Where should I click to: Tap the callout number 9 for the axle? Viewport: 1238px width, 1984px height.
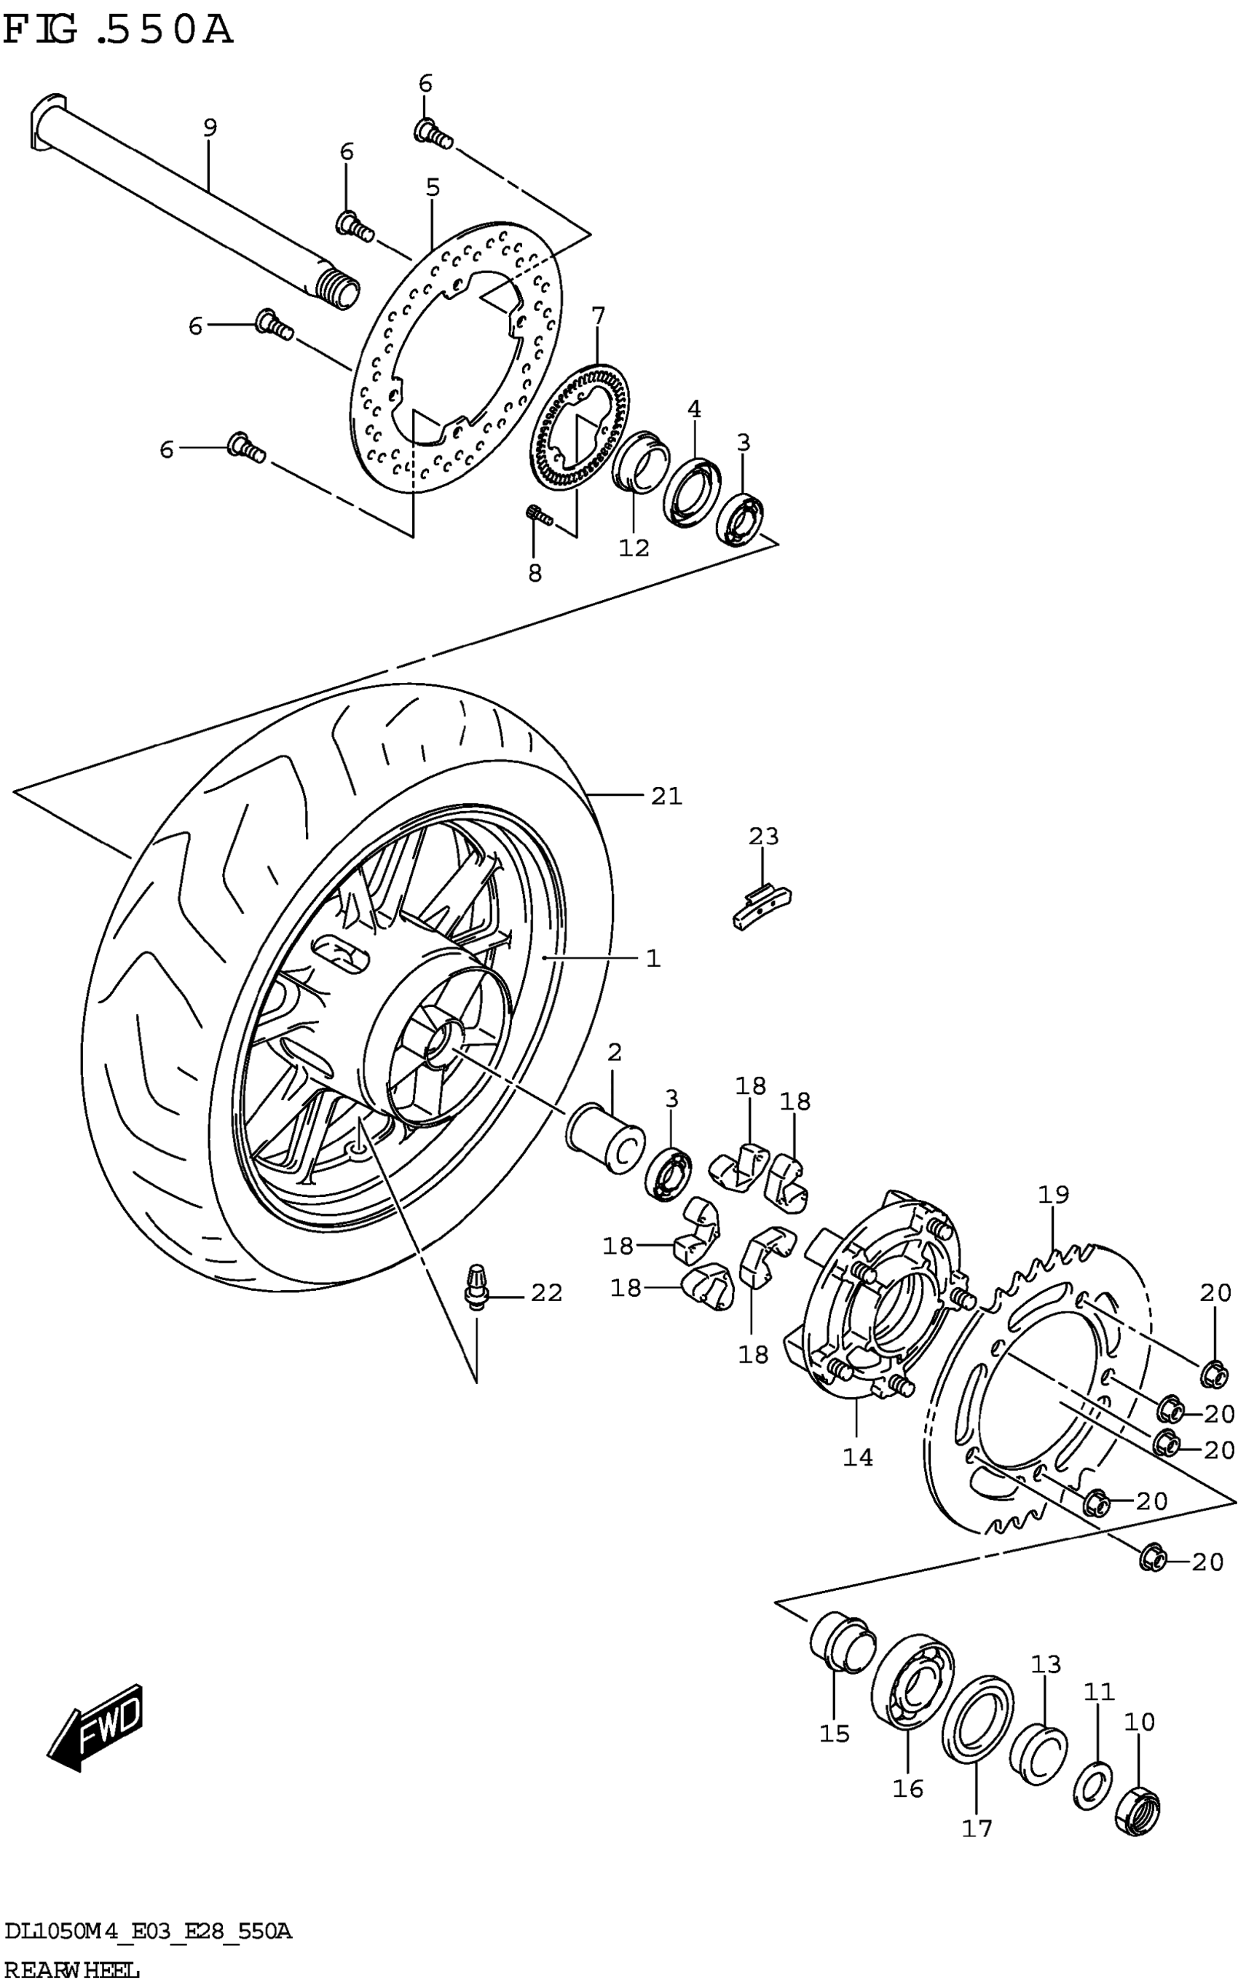coord(210,127)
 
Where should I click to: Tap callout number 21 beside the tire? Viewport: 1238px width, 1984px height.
coord(666,796)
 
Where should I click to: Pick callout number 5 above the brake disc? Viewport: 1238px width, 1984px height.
coord(433,187)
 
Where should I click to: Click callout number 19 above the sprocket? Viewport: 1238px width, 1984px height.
coord(1054,1194)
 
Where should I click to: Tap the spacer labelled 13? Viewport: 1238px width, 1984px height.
coord(1038,1753)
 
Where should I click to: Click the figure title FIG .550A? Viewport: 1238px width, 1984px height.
coord(118,31)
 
